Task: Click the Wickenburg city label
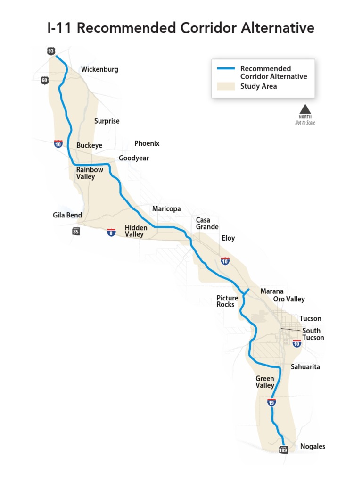point(99,69)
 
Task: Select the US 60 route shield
point(45,80)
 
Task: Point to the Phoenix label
point(147,143)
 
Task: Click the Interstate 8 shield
point(111,232)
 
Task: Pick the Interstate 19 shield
point(271,402)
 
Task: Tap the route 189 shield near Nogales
point(283,450)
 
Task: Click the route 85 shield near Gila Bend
point(76,231)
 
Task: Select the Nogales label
point(313,446)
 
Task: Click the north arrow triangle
point(305,108)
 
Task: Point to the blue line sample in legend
point(226,69)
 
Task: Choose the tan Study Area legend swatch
point(226,86)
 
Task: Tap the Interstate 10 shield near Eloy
point(225,261)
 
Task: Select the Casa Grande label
point(207,224)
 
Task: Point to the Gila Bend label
point(67,215)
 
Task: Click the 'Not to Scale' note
point(305,123)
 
